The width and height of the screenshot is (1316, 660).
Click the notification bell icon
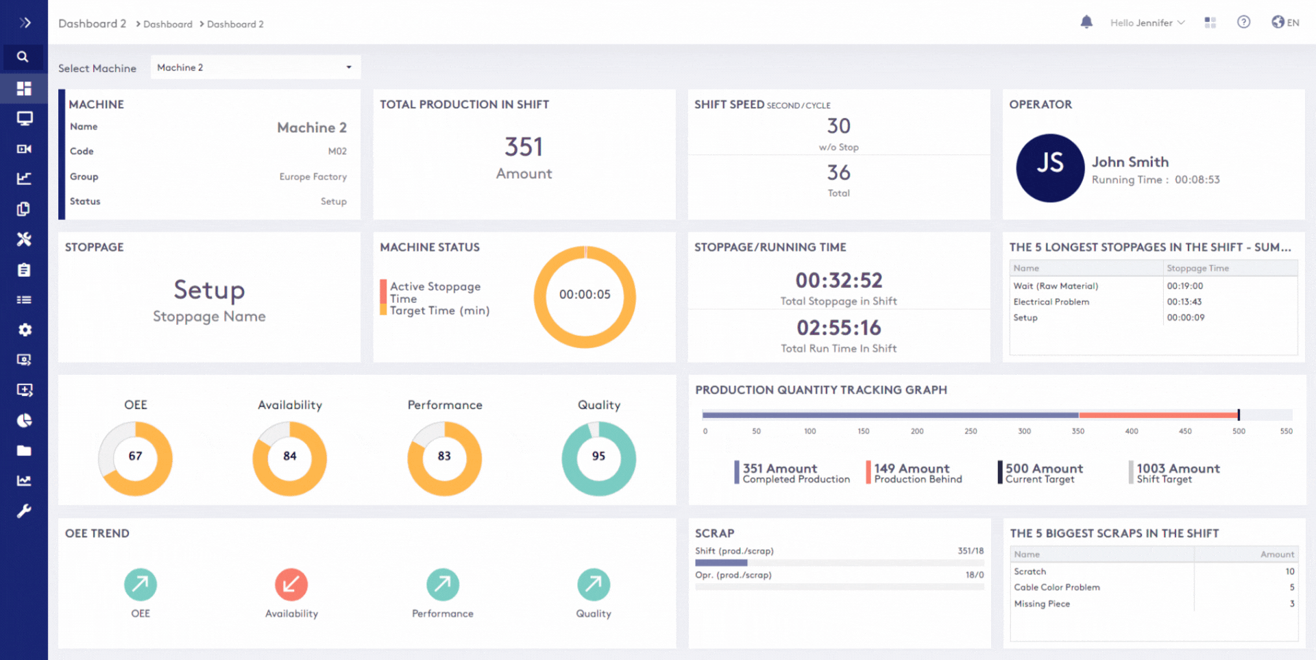pos(1086,22)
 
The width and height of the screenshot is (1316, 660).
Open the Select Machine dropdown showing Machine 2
pos(255,67)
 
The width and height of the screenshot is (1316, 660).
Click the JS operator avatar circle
pos(1049,168)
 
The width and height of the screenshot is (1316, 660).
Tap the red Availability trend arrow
pos(291,585)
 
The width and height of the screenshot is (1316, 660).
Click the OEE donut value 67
pos(136,456)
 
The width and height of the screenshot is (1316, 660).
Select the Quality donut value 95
pos(598,456)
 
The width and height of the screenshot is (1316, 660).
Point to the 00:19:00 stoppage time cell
pos(1185,286)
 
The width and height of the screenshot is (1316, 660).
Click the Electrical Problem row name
pos(1051,302)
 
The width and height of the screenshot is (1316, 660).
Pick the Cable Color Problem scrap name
pos(1057,587)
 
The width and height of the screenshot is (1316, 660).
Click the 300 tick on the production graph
pos(1024,431)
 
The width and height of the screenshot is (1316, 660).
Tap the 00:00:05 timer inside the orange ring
pos(585,295)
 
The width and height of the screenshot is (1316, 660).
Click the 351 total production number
pos(524,147)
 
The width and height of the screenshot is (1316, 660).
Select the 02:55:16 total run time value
pos(838,328)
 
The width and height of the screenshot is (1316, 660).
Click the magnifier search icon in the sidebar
pos(23,57)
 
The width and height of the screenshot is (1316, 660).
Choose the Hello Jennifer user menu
pos(1147,23)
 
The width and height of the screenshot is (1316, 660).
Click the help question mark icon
pos(1243,22)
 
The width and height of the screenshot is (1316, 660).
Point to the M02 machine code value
pos(337,151)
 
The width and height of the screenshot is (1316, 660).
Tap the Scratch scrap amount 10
pos(1290,572)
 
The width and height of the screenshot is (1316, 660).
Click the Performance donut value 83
pos(444,456)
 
